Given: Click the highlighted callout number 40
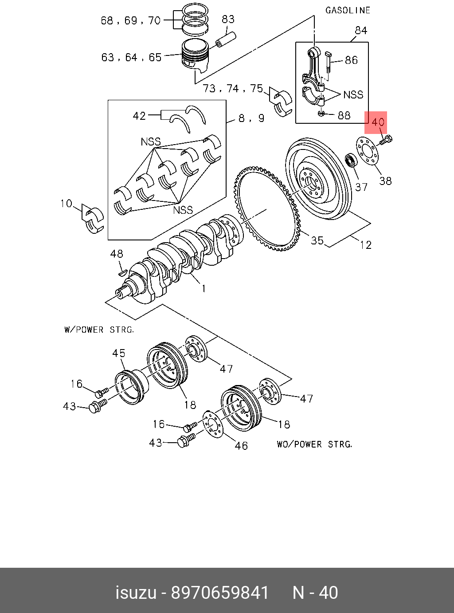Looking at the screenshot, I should click(378, 122).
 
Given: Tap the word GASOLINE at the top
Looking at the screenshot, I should click(348, 10).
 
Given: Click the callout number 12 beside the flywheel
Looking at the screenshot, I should click(365, 245).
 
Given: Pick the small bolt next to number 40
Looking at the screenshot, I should click(385, 141).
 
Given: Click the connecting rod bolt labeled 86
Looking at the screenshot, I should click(329, 62).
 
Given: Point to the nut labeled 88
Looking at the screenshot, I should click(321, 114).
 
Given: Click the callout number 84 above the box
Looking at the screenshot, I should click(361, 31).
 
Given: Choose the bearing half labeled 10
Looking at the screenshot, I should click(94, 219).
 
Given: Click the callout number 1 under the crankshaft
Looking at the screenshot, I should click(204, 289).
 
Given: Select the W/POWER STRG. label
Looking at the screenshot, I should click(99, 330).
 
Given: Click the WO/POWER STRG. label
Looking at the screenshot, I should click(314, 444).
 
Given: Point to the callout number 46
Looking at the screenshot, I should click(241, 445).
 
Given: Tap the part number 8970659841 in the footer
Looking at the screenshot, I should click(220, 593).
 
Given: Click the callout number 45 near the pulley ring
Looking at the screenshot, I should click(118, 353).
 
